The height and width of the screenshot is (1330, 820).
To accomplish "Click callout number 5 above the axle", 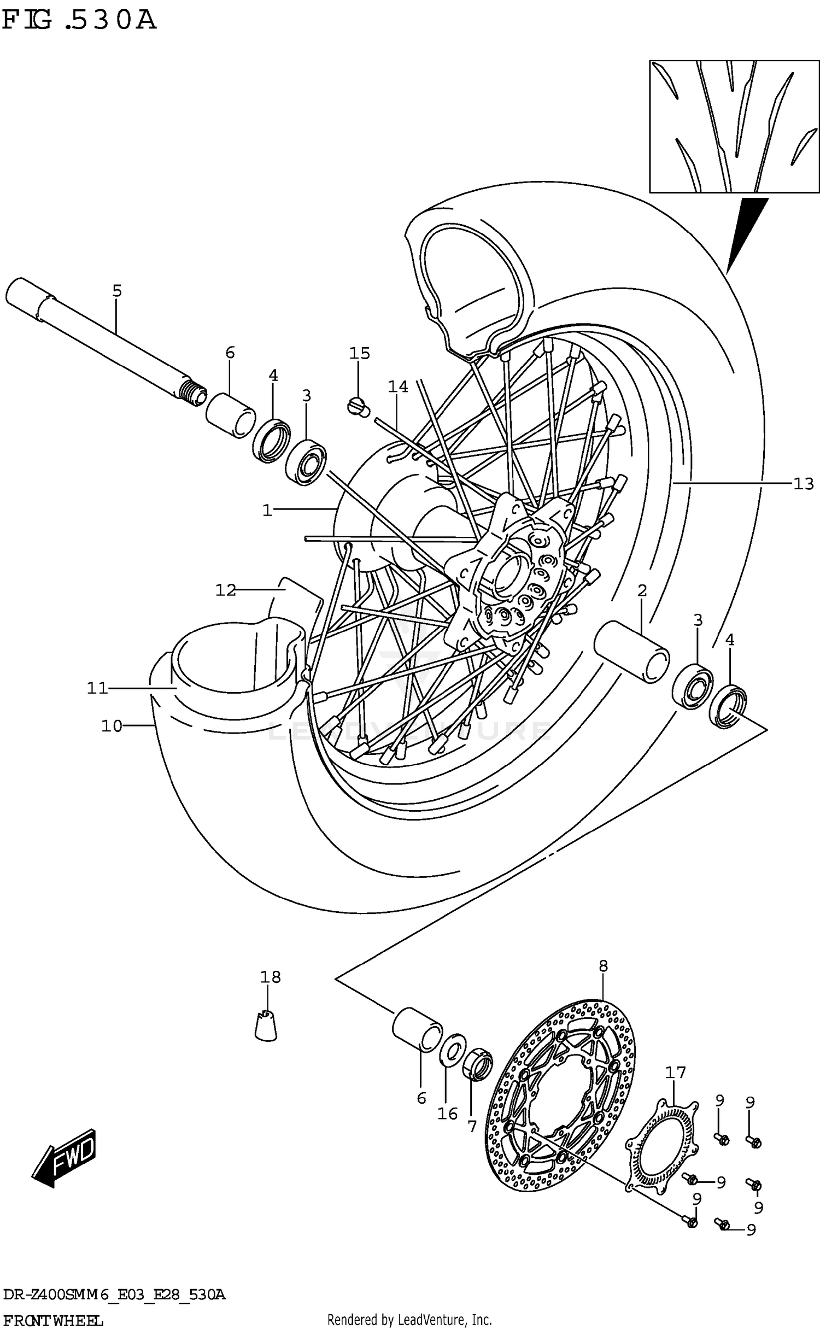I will click(x=117, y=291).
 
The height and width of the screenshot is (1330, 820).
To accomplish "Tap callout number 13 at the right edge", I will click(x=803, y=483).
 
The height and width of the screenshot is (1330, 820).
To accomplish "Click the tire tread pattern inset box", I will click(x=734, y=126).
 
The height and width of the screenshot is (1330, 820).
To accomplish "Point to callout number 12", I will click(x=225, y=590).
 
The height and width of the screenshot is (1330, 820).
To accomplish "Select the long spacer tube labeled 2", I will click(x=632, y=651).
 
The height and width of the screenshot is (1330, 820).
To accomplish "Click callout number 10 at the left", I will click(x=112, y=726).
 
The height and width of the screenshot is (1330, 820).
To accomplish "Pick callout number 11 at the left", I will click(x=98, y=688).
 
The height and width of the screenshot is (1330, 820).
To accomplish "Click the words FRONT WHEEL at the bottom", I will click(x=52, y=1321).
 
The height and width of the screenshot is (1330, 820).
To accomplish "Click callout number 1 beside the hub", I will click(x=267, y=511).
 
